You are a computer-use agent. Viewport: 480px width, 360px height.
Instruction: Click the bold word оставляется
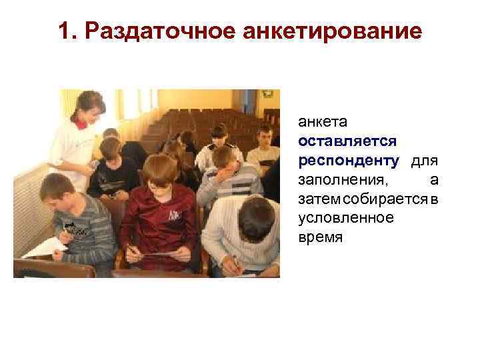click(347, 141)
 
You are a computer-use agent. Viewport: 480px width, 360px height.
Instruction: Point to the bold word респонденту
click(349, 161)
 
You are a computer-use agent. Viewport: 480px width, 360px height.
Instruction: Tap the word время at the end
click(320, 237)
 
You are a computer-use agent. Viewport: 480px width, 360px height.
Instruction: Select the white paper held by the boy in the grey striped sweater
click(44, 248)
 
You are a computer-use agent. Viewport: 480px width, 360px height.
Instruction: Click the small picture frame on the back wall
click(267, 94)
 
